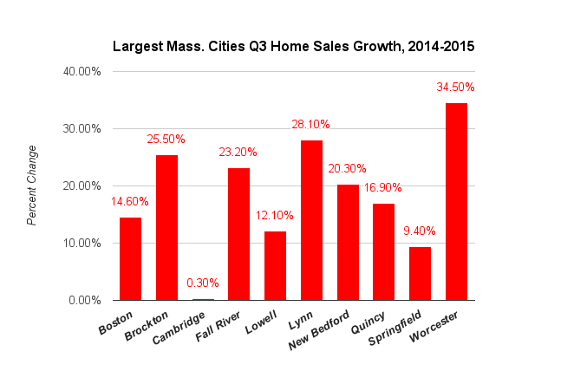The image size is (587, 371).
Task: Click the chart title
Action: [x=293, y=46]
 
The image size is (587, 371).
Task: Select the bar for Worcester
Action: [x=456, y=201]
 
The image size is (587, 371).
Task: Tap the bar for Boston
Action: [x=130, y=258]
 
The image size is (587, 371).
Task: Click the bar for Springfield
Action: [x=420, y=273]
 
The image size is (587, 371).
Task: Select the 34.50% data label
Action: [x=456, y=88]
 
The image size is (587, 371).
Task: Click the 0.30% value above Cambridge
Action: [x=203, y=283]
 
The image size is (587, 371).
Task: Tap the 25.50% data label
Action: [x=166, y=140]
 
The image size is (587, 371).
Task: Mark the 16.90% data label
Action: [x=383, y=188]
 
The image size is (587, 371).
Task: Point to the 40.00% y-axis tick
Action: [x=82, y=71]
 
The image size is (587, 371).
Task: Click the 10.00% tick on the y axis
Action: [x=82, y=243]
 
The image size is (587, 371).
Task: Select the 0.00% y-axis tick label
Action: [x=85, y=300]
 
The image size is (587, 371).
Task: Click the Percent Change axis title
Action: [x=32, y=185]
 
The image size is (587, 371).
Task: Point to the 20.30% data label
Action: [x=347, y=169]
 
